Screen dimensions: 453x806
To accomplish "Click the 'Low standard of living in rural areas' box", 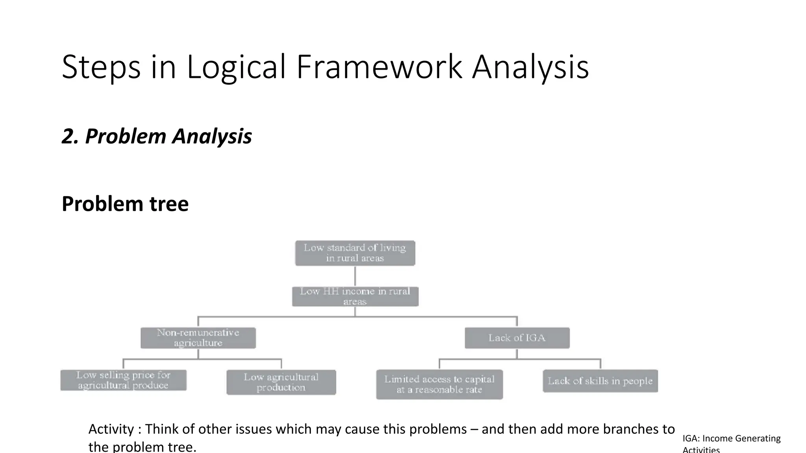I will [355, 253].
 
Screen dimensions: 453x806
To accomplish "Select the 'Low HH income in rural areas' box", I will [355, 296].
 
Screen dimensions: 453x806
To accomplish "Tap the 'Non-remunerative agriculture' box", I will [198, 338].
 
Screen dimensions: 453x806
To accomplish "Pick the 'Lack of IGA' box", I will [517, 338].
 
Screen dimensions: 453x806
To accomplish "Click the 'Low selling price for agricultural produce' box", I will [123, 380].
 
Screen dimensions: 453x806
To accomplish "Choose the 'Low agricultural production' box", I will [281, 382].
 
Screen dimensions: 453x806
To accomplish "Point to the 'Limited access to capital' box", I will [439, 384].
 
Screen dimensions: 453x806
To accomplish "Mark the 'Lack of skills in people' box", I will [600, 381].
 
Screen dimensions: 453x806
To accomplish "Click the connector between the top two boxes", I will [355, 276].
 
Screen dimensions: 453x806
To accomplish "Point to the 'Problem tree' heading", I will [125, 204].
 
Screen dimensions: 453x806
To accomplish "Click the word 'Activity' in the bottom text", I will [111, 429].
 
